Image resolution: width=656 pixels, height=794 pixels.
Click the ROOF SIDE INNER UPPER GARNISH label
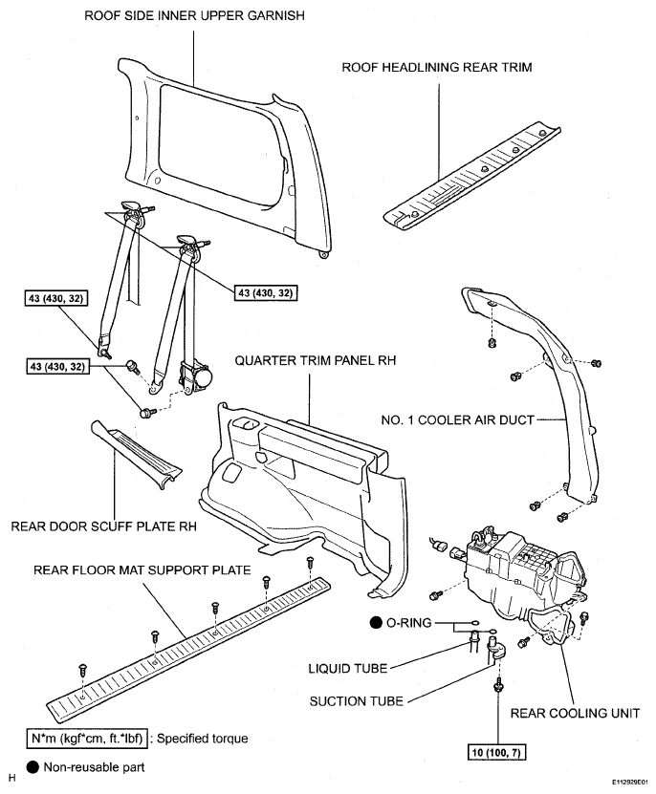click(194, 15)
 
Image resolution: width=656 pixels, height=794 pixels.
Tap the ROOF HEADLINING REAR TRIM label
click(437, 67)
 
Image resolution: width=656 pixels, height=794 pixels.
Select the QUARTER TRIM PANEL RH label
click(316, 360)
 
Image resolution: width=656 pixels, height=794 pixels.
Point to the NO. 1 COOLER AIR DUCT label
click(458, 419)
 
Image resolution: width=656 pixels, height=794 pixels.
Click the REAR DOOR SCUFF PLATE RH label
click(104, 526)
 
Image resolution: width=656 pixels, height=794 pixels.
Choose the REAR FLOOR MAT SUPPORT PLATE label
click(142, 570)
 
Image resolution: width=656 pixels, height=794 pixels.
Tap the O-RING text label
click(409, 622)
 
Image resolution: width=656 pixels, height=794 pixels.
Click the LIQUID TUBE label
click(348, 669)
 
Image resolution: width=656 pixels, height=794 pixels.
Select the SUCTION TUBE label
click(357, 701)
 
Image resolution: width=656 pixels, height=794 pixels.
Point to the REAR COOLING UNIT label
click(575, 714)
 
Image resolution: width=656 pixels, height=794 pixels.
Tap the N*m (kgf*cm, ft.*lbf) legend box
click(87, 739)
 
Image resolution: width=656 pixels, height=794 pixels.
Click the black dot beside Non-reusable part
click(33, 767)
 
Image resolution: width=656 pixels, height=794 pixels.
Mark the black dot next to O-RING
click(376, 622)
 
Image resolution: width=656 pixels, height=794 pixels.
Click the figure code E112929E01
click(629, 783)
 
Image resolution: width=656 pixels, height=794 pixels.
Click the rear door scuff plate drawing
click(136, 454)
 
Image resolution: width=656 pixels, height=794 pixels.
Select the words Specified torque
click(203, 739)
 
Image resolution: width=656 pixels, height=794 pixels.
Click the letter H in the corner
click(12, 779)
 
